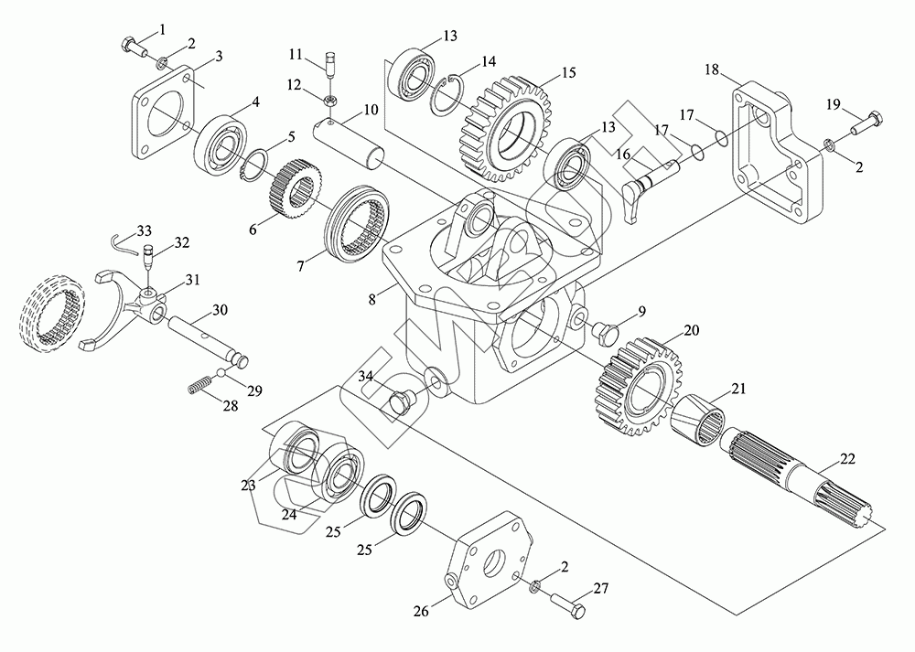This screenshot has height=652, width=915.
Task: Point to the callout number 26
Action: [421, 611]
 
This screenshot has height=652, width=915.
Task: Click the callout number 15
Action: [568, 71]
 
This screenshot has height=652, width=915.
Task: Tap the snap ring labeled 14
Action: [449, 91]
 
